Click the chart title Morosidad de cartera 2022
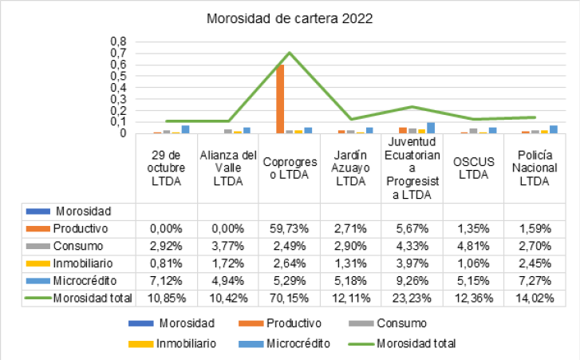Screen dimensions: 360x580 [290, 18]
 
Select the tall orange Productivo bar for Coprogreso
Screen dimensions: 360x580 [280, 99]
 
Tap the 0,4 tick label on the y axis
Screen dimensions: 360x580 [118, 87]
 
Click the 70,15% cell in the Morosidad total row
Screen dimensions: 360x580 [290, 299]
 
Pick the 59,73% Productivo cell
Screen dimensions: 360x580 [290, 229]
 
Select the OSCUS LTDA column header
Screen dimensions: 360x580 [473, 168]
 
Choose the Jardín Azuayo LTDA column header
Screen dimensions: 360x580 [351, 168]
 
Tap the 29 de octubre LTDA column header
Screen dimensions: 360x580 [167, 168]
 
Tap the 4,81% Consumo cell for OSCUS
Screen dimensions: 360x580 [473, 247]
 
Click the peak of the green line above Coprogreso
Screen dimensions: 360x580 [289, 53]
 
